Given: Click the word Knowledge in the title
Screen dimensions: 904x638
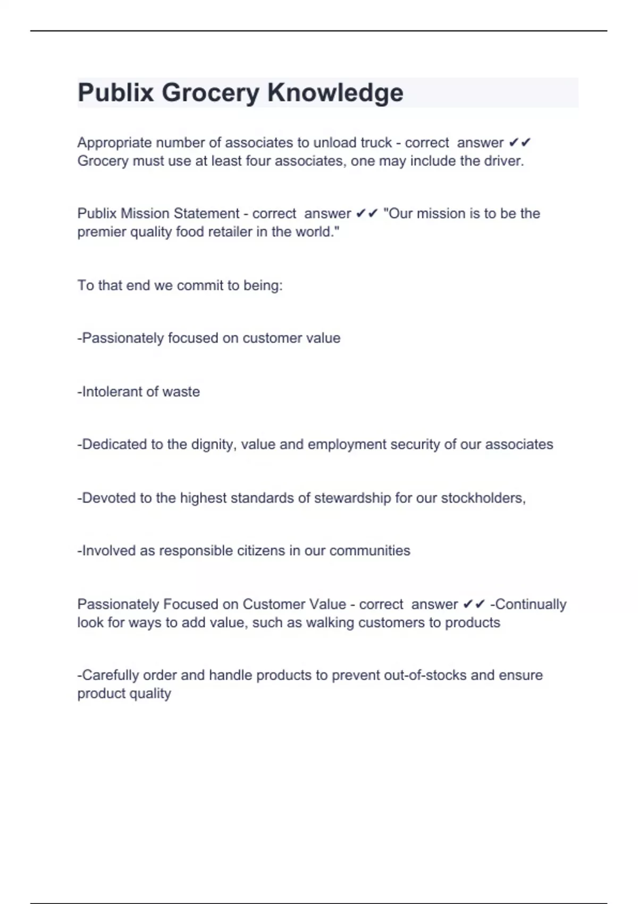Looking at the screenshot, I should click(x=335, y=93).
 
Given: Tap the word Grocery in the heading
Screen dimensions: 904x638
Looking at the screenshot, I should click(x=210, y=93).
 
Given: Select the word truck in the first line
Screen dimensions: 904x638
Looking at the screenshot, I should click(x=376, y=143).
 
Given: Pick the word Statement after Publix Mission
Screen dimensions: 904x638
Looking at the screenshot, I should click(x=207, y=213).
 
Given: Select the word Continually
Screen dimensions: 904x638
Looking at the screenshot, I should click(x=531, y=605).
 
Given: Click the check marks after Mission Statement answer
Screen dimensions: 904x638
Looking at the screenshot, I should click(x=367, y=213).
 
